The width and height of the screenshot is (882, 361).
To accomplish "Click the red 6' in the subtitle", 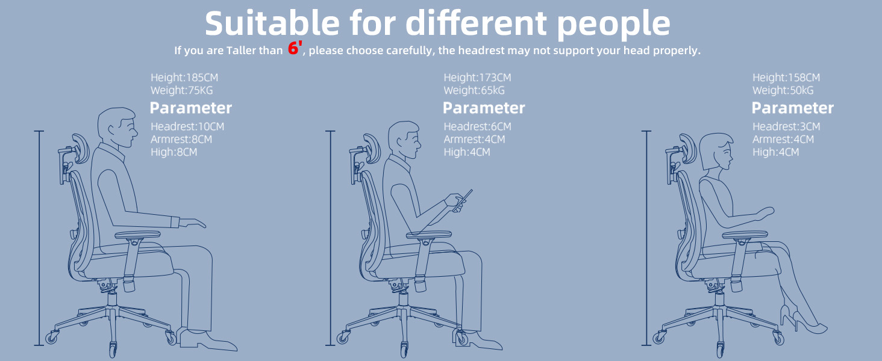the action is click(x=295, y=48).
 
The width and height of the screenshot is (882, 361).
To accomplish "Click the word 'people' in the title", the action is click(x=613, y=24).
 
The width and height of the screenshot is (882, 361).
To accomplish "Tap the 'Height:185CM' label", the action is click(x=184, y=78).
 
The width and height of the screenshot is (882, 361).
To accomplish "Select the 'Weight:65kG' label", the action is click(x=474, y=90).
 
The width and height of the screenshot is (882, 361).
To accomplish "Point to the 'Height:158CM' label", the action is click(x=786, y=78).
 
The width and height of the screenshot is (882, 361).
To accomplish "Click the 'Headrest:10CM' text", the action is click(x=187, y=126).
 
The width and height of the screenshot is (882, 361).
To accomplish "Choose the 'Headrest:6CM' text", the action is click(x=477, y=126).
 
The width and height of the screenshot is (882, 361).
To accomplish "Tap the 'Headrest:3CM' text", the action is click(x=786, y=126).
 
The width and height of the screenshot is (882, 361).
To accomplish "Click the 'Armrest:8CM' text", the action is click(x=181, y=139).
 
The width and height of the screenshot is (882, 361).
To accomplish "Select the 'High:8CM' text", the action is click(x=174, y=152).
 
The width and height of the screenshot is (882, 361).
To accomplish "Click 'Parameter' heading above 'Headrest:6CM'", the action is click(x=484, y=108).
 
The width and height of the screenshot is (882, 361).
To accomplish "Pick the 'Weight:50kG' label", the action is click(x=783, y=90).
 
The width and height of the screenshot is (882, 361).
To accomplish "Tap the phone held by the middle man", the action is click(x=464, y=200).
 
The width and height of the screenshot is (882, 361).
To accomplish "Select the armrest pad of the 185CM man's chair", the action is click(x=137, y=235).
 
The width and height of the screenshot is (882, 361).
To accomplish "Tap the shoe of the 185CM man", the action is click(x=208, y=340).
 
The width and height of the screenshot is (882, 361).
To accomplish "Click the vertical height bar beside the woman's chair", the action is click(x=646, y=238).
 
